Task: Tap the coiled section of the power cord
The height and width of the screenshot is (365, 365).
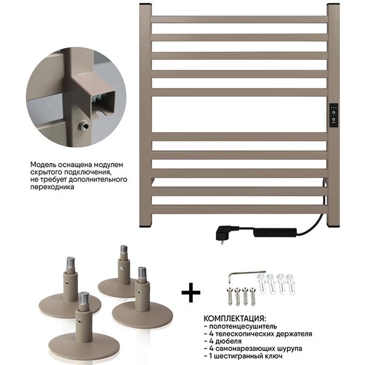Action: (275, 232)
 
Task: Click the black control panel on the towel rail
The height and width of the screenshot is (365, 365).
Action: (333, 116)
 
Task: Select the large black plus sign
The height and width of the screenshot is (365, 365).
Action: (191, 293)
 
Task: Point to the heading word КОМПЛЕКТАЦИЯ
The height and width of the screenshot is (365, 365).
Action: (235, 318)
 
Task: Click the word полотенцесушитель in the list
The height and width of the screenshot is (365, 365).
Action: (243, 326)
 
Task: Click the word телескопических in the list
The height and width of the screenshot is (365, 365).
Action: (245, 334)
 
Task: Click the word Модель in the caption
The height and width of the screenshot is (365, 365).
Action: (43, 165)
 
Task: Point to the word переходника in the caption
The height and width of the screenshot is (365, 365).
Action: (52, 187)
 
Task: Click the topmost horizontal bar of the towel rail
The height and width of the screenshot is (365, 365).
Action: (240, 19)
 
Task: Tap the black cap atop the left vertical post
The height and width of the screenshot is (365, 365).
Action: (145, 4)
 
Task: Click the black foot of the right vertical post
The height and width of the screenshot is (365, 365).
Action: (333, 226)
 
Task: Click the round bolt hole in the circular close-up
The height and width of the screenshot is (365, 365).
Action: (83, 126)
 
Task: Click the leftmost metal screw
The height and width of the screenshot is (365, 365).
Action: (230, 296)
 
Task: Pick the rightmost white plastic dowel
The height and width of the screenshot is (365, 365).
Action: (291, 284)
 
